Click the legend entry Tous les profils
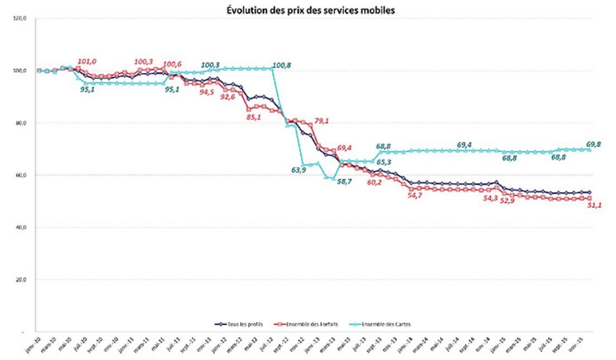point(244,323)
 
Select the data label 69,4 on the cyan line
point(465,145)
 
